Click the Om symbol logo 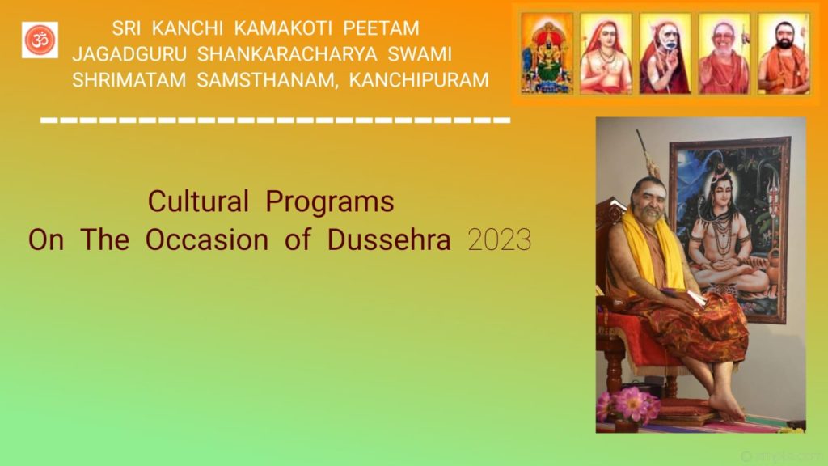click(40, 40)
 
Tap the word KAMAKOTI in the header click(283, 28)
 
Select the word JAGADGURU click(129, 54)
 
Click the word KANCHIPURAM click(419, 80)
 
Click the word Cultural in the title click(198, 201)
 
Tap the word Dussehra click(389, 239)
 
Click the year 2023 click(500, 240)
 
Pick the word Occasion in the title click(207, 239)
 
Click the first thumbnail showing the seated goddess click(547, 53)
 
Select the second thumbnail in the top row click(606, 53)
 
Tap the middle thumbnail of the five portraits click(665, 53)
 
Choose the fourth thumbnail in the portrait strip click(724, 53)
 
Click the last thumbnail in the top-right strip click(784, 53)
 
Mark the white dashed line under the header click(276, 121)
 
